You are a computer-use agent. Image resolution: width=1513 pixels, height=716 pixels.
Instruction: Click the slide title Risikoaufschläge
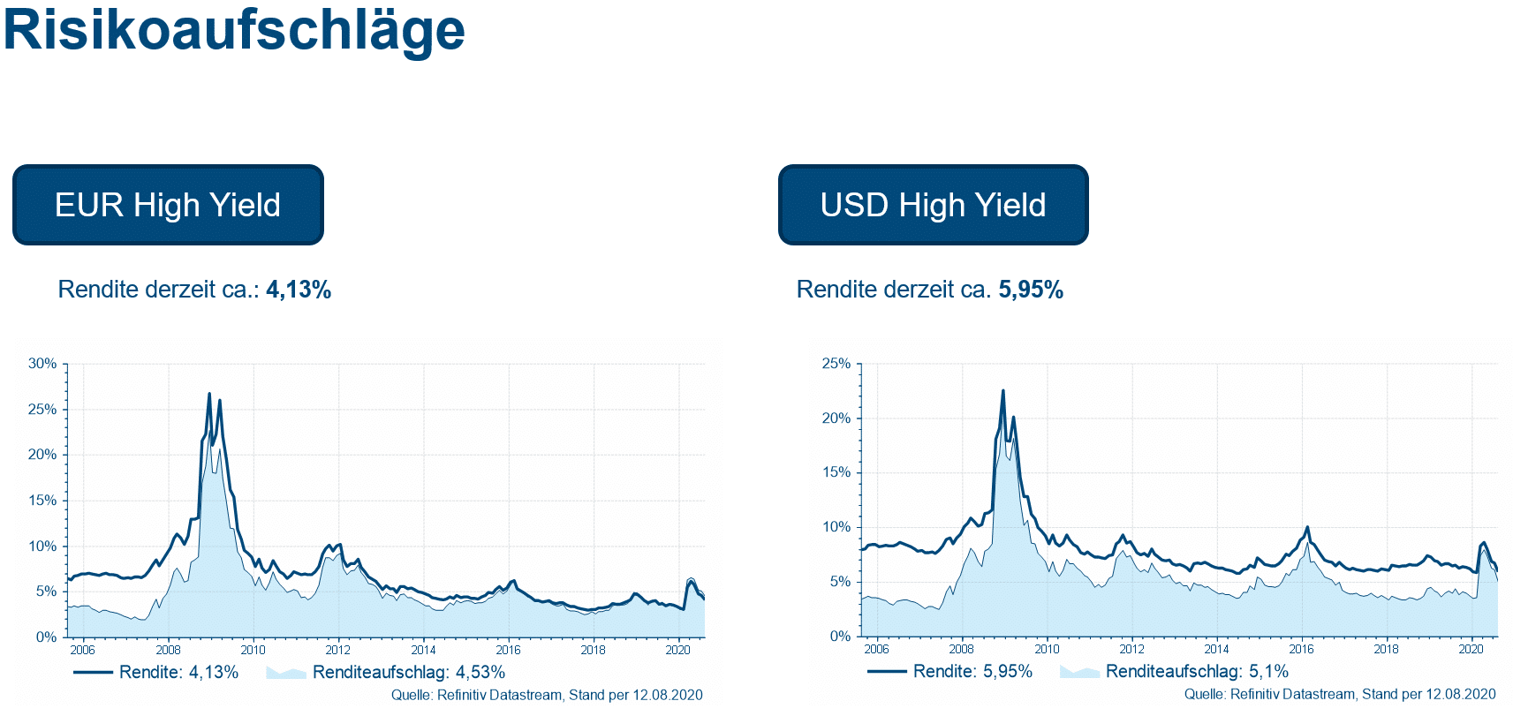tap(234, 30)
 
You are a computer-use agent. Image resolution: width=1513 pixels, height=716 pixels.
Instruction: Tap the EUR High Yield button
tap(168, 205)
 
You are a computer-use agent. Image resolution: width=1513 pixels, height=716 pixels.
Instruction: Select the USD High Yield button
tap(933, 205)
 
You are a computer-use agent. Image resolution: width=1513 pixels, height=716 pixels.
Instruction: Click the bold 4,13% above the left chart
tap(299, 290)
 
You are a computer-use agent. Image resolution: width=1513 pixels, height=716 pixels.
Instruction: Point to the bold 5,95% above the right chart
tap(1031, 290)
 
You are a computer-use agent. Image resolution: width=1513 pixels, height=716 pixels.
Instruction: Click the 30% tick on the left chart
tap(42, 364)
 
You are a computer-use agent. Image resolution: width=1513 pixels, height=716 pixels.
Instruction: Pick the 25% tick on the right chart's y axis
tap(836, 364)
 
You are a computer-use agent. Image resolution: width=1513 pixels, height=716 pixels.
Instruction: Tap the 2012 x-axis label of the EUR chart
tap(338, 650)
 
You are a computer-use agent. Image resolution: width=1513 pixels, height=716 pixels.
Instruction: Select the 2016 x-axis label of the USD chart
tap(1301, 649)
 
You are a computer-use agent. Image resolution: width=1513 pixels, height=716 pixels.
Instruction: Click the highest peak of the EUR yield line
tap(209, 394)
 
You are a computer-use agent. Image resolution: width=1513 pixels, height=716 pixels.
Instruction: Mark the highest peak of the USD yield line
tap(1002, 391)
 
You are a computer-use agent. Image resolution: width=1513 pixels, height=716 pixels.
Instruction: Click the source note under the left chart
tap(547, 695)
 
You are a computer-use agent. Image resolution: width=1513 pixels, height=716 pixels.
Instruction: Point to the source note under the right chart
tap(1340, 694)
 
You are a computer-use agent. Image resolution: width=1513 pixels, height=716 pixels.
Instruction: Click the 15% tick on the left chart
tap(42, 501)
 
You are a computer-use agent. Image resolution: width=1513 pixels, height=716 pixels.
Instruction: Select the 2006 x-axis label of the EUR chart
tap(82, 650)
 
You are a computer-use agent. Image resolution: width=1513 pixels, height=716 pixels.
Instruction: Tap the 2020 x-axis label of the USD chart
tap(1471, 649)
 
